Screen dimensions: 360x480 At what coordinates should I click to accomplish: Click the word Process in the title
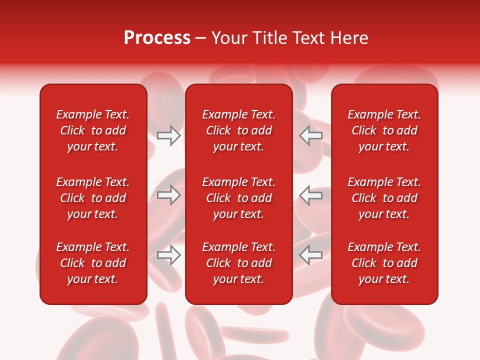(157, 38)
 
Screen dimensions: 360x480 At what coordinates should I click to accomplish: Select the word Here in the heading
(350, 38)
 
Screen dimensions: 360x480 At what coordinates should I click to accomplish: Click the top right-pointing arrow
(169, 135)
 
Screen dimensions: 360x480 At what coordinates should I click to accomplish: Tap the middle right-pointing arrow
(169, 195)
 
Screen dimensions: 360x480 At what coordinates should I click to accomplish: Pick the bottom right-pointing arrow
(169, 255)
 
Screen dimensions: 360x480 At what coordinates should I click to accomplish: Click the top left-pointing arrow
(310, 135)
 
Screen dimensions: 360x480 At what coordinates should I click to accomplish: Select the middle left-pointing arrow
(310, 195)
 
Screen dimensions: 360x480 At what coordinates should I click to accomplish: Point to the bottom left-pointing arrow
(310, 255)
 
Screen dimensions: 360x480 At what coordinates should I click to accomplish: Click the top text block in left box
(93, 130)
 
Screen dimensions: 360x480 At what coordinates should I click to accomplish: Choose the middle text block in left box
(93, 198)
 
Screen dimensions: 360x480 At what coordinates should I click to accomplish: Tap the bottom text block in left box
(93, 263)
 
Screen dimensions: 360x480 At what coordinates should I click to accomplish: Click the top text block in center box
(239, 130)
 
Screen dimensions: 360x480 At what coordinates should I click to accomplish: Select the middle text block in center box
(239, 198)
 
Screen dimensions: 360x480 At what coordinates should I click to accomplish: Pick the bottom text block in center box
(239, 263)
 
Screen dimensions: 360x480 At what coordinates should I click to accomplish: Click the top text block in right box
(384, 130)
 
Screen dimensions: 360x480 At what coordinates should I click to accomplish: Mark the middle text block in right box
(384, 198)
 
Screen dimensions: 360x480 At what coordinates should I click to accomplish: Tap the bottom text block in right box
(384, 263)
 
